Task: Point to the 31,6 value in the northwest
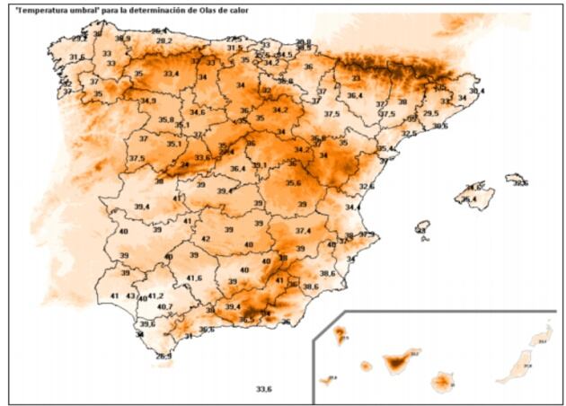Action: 77,57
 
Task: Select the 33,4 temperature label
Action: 172,74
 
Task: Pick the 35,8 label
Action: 166,119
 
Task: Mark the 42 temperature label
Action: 206,239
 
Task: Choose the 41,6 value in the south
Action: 195,278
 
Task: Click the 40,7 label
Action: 165,307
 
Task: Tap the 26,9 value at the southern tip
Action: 164,357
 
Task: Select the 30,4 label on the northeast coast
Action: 476,92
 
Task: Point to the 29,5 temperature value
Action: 431,114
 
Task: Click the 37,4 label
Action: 303,232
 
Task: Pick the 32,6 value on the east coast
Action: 367,187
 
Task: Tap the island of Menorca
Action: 517,180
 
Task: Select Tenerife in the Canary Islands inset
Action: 397,363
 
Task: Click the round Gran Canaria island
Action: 442,384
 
